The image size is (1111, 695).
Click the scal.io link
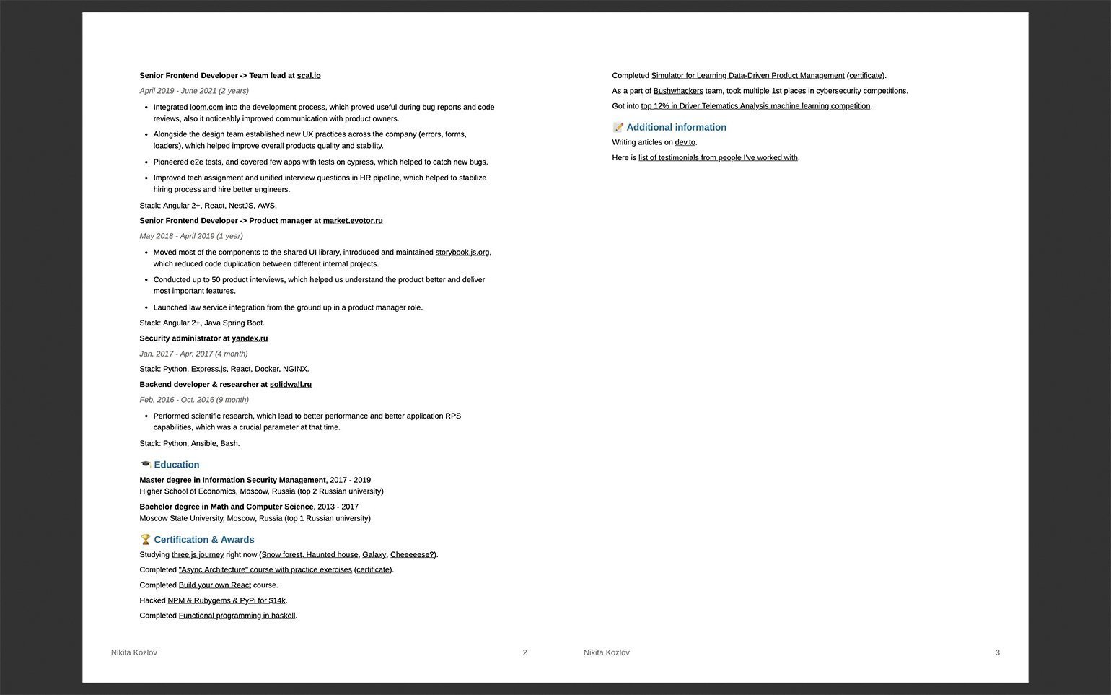[x=309, y=76]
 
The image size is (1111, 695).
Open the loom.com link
[x=206, y=108]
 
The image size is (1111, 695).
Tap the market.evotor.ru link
[x=353, y=221]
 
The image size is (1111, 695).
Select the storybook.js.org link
[x=462, y=253]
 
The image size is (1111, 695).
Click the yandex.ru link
[x=250, y=338]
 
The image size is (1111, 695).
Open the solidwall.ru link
[x=291, y=385]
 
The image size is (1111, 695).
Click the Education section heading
[x=176, y=465]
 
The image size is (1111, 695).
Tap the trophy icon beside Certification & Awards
[x=145, y=540]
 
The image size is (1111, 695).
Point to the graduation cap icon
[x=145, y=465]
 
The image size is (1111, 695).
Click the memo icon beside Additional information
[x=618, y=128]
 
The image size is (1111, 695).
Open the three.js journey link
[x=198, y=555]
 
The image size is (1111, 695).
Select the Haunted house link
[x=332, y=555]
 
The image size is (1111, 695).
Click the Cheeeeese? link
[x=412, y=555]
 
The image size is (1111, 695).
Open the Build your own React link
[x=215, y=585]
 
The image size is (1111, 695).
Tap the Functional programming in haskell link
[x=237, y=616]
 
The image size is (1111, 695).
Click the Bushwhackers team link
[x=678, y=92]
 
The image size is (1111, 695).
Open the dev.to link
[x=685, y=143]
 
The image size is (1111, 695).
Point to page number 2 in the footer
[x=525, y=652]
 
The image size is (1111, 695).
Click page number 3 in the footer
[x=998, y=652]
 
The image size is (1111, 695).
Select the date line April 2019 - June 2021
[x=194, y=91]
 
